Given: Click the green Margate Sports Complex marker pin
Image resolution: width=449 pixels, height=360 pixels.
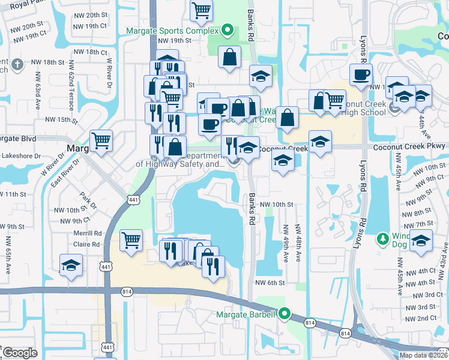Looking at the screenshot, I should coord(227,29).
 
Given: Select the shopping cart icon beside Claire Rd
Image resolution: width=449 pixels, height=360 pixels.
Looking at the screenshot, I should coord(131,241).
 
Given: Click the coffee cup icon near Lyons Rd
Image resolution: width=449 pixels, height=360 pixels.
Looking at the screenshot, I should coord(361,75).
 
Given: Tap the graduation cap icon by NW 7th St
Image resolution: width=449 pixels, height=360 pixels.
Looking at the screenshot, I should coord(421,240).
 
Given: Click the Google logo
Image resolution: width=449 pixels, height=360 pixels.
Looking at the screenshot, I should coord(20,353).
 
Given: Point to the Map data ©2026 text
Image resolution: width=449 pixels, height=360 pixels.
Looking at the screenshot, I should coord(423,355).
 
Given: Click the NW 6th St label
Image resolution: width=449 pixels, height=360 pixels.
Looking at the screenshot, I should coord(268,283).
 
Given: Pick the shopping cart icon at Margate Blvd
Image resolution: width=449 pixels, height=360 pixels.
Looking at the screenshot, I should coord(101,141).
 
